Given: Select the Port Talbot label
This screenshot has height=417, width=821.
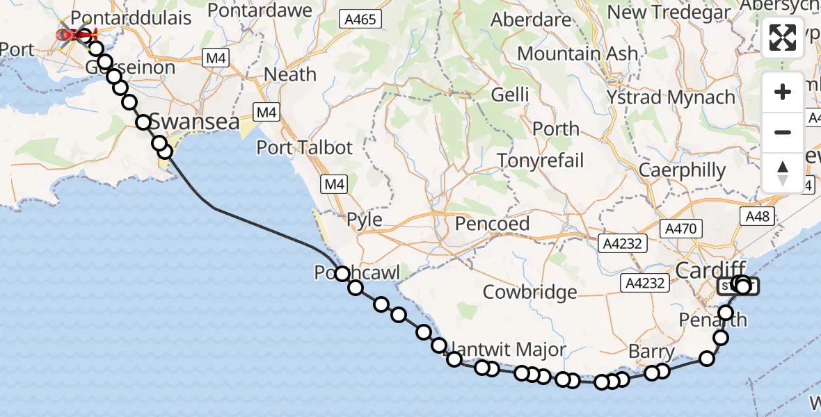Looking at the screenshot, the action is click(x=305, y=147).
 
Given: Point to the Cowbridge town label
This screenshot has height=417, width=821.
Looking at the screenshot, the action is click(x=530, y=291).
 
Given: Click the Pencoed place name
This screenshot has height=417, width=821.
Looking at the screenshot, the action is click(x=492, y=224).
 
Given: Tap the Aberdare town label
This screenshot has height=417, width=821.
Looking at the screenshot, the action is click(x=531, y=20).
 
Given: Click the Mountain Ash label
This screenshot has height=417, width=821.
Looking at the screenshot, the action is click(x=577, y=54).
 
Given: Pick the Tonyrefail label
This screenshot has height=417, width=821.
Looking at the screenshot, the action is click(x=541, y=161).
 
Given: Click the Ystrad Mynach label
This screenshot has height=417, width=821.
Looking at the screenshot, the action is click(x=671, y=97).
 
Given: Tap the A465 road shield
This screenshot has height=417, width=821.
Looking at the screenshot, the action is click(x=362, y=19).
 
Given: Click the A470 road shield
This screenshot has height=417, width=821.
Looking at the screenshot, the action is click(x=683, y=227).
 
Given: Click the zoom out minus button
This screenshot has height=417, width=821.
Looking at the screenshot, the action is click(x=783, y=133).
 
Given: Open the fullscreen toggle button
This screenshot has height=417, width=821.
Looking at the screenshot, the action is click(x=783, y=38).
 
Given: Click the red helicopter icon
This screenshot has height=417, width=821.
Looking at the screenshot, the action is click(x=77, y=33).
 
